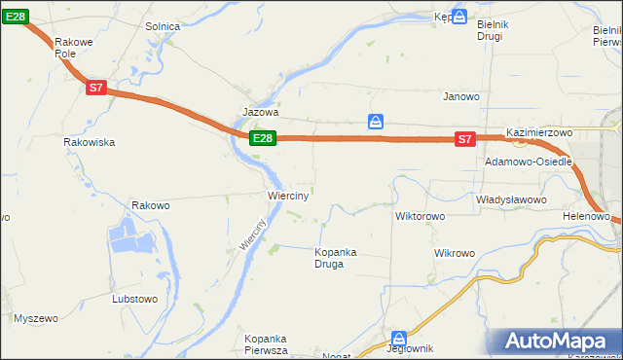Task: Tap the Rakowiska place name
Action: pyautogui.click(x=90, y=142)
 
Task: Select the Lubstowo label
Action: pyautogui.click(x=135, y=299)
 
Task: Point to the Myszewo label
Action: pyautogui.click(x=36, y=318)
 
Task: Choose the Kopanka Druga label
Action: pyautogui.click(x=335, y=258)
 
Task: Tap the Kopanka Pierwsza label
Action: pyautogui.click(x=266, y=343)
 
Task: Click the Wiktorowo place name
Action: pyautogui.click(x=420, y=215)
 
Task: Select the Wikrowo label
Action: pyautogui.click(x=455, y=253)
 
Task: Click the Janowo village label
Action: pyautogui.click(x=462, y=96)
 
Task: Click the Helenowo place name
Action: pyautogui.click(x=586, y=215)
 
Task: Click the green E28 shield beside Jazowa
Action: pyautogui.click(x=262, y=138)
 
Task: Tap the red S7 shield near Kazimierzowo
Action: pyautogui.click(x=464, y=139)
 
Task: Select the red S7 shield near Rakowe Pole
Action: pyautogui.click(x=94, y=88)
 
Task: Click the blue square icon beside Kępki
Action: pyautogui.click(x=459, y=17)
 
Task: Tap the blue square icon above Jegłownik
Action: pyautogui.click(x=396, y=333)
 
